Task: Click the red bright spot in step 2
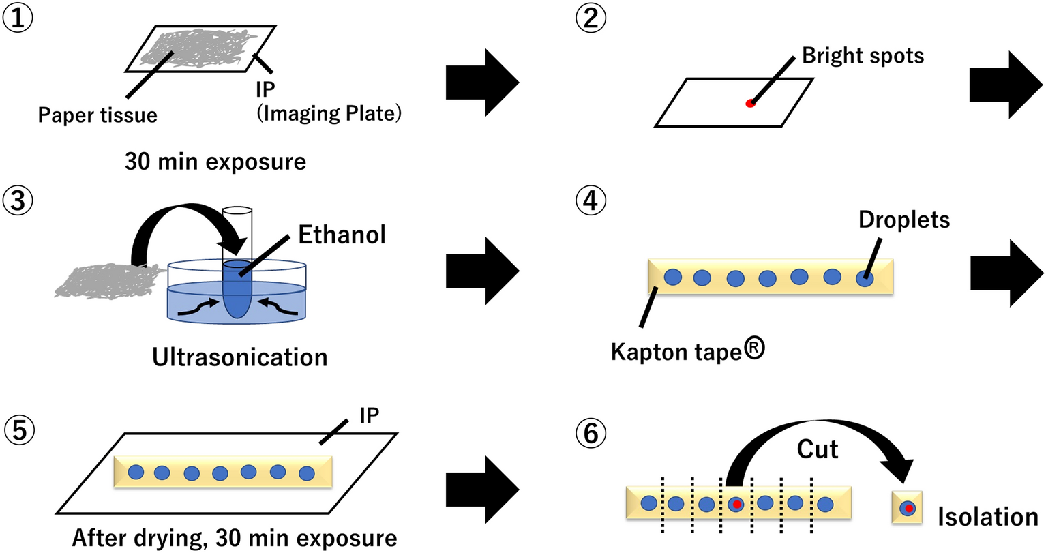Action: click(750, 103)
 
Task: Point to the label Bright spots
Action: click(863, 55)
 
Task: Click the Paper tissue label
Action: click(98, 115)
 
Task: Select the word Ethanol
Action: click(342, 235)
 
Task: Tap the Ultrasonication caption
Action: click(240, 357)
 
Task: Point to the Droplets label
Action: click(904, 219)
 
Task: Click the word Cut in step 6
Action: click(817, 449)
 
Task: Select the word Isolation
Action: click(987, 517)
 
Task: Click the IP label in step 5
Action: click(369, 415)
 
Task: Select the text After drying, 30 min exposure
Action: click(235, 538)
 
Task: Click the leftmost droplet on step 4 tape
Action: click(672, 276)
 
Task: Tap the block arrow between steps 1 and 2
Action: click(481, 83)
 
